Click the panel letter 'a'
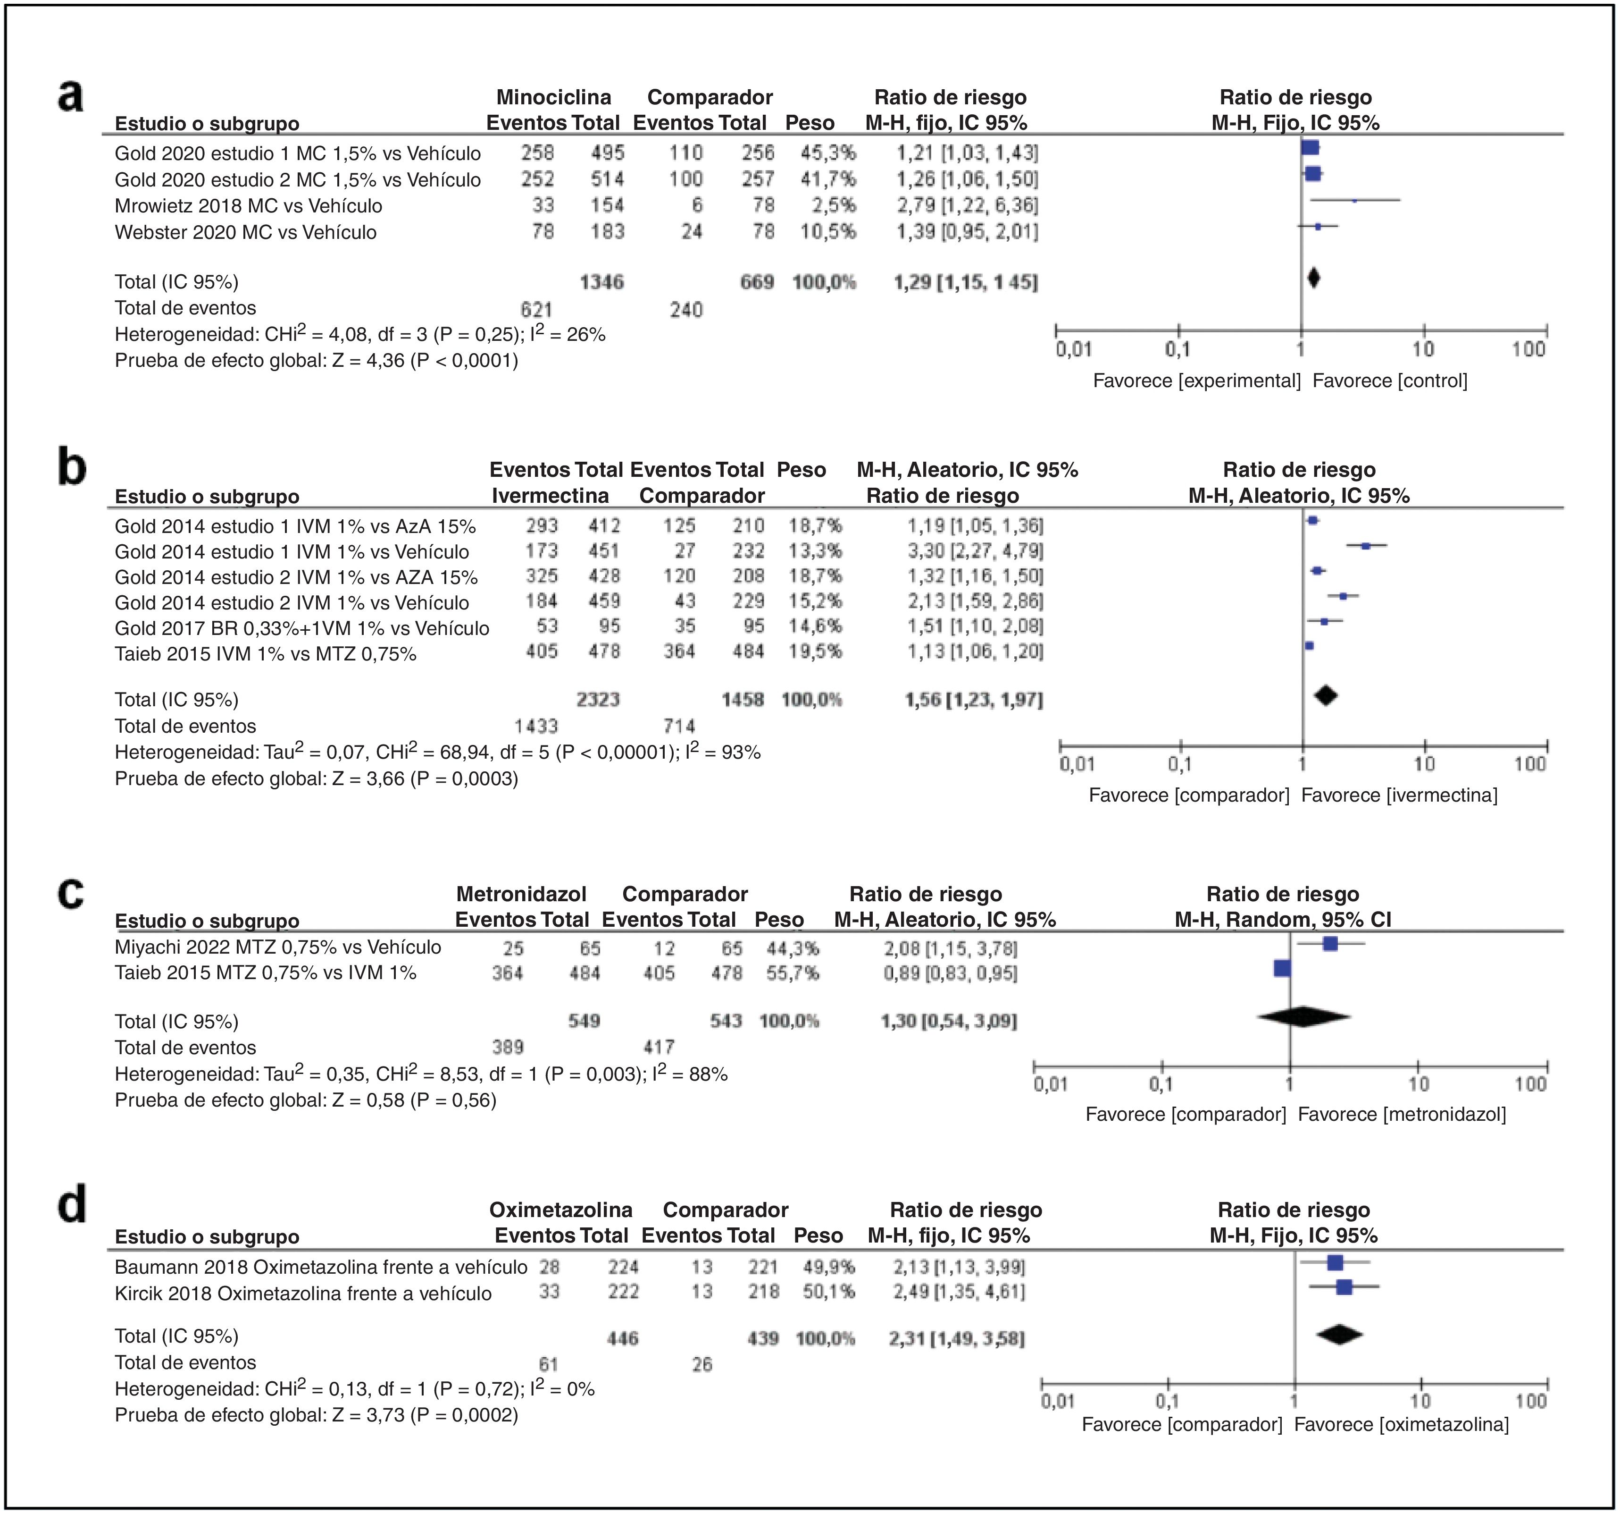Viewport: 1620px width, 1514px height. [71, 96]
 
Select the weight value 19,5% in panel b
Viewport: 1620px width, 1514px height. [815, 651]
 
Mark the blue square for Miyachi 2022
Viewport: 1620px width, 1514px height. [1330, 944]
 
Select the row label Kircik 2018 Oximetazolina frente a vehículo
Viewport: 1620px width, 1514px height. [303, 1294]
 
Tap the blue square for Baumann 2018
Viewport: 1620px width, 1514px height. [1335, 1263]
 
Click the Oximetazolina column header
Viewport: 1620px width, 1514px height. [560, 1210]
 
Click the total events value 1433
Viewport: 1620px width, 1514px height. [536, 727]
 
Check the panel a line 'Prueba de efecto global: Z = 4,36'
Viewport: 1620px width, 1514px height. [316, 360]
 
